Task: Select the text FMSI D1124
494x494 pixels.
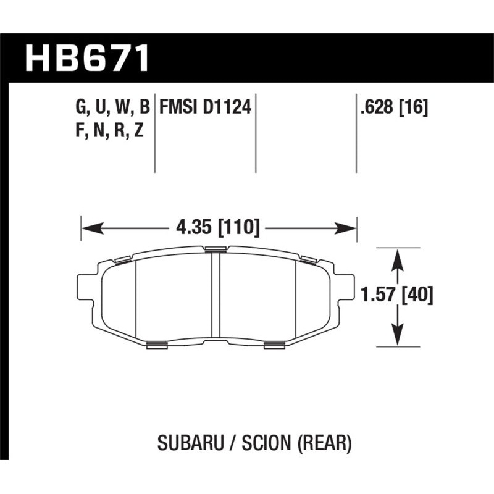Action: click(x=204, y=109)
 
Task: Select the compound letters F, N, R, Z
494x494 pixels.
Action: click(x=109, y=130)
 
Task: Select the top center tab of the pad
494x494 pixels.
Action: click(x=216, y=249)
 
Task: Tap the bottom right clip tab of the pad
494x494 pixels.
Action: click(x=274, y=345)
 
